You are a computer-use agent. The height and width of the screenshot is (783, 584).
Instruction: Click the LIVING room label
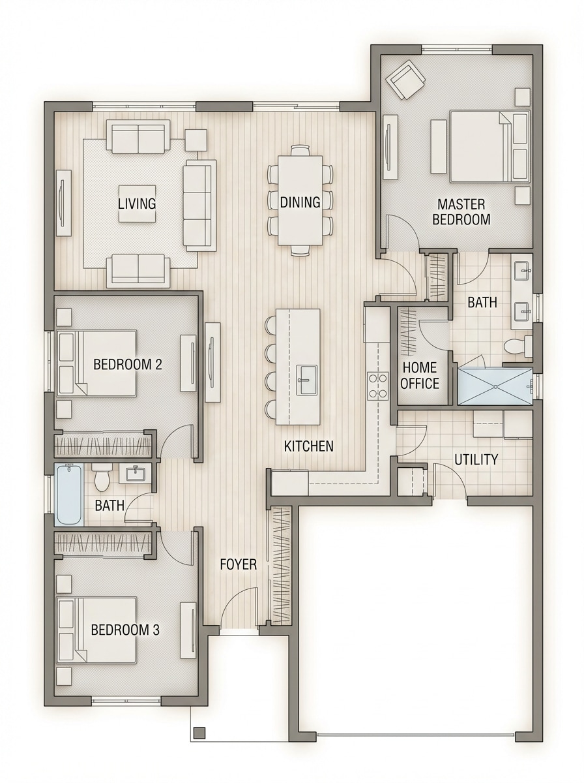[137, 204]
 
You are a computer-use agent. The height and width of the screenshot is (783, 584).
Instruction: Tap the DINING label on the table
[300, 202]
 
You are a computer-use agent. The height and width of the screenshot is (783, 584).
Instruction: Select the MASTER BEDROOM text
[461, 212]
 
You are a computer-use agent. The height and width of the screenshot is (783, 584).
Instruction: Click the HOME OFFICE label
[420, 375]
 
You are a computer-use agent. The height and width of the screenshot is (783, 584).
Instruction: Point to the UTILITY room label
[476, 459]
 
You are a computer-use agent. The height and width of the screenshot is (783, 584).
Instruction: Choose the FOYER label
[238, 564]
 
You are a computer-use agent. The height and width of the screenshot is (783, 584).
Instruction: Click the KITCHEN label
[308, 446]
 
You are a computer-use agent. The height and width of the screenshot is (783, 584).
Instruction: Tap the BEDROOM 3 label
[125, 630]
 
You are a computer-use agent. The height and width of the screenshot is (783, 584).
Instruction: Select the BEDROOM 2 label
[128, 364]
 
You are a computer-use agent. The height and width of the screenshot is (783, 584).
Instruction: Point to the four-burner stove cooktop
[377, 384]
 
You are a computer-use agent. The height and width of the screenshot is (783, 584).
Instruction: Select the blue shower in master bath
[495, 386]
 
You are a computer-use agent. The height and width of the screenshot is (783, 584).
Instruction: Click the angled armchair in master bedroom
[405, 80]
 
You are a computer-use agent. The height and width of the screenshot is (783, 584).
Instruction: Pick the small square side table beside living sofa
[196, 140]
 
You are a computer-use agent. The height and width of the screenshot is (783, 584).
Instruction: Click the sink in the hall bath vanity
[135, 473]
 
